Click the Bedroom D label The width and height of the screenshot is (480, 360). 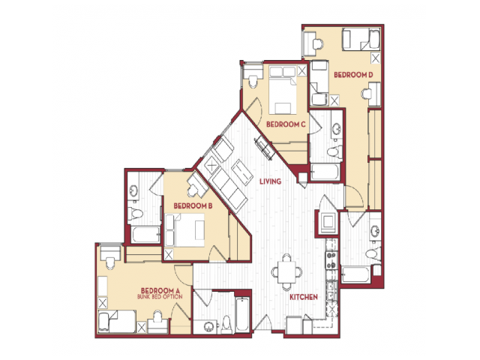[353, 75]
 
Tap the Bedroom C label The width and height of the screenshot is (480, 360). [286, 124]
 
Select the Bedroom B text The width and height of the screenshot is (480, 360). [193, 205]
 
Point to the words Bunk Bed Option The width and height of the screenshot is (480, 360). [160, 297]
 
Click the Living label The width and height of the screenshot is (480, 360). [270, 181]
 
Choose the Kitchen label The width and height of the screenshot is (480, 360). [304, 297]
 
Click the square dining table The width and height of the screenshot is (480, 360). [286, 271]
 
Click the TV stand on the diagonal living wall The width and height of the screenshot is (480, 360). [263, 148]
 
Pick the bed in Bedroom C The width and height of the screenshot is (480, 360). [283, 90]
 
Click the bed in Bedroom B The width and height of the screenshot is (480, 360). [184, 230]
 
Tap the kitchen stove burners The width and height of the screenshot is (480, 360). [331, 260]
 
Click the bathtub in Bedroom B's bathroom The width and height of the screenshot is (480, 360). [145, 235]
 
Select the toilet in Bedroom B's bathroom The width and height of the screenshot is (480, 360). [135, 213]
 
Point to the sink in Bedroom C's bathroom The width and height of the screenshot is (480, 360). [337, 128]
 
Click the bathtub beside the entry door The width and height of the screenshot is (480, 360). [242, 314]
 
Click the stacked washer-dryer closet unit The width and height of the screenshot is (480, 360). [328, 222]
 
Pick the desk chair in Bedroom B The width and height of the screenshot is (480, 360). [193, 191]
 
